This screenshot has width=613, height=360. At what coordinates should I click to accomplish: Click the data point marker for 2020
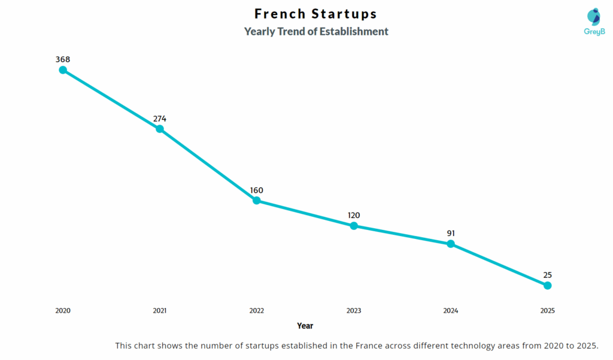63,70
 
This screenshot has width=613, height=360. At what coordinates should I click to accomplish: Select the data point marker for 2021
160,129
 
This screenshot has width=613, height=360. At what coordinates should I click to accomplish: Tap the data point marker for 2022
257,201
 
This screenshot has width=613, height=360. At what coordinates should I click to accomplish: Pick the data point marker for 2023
354,226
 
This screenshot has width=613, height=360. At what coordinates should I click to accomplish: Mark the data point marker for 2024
451,244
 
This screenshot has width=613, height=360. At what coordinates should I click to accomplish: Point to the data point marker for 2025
547,286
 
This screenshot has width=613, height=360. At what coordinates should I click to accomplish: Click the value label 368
63,59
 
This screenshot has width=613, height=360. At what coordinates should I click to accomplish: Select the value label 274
160,119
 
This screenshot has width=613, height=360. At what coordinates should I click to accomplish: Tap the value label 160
257,190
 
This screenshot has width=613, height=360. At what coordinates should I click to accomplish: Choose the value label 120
354,215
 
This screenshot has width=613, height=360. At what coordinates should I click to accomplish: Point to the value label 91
451,233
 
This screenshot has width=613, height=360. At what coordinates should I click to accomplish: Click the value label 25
547,275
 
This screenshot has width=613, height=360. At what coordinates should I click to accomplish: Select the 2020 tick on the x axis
63,311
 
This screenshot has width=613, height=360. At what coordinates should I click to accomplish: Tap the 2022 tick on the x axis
257,311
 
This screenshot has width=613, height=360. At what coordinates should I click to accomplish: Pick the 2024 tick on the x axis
451,311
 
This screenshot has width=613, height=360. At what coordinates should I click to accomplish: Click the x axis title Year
305,326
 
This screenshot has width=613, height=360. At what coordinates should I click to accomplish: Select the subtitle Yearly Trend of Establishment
316,32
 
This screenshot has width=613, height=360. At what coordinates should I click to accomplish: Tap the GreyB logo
594,22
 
